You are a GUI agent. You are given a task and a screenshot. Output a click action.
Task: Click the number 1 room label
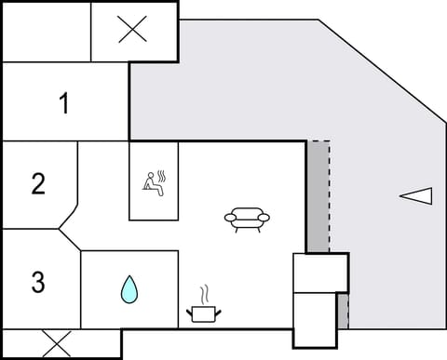pyautogui.click(x=64, y=104)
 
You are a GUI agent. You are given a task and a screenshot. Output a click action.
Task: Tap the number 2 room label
pyautogui.click(x=38, y=183)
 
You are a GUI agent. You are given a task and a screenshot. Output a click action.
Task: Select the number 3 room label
pyautogui.click(x=38, y=282)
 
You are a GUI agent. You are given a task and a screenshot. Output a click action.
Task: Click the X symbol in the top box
pyautogui.click(x=133, y=31)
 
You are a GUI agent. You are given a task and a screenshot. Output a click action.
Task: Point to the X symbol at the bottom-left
pyautogui.click(x=58, y=343)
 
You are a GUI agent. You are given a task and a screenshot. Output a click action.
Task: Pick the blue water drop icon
pyautogui.click(x=128, y=290)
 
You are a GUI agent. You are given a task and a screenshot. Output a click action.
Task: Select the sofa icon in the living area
pyautogui.click(x=247, y=220)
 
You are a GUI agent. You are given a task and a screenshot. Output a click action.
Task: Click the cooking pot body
pyautogui.click(x=203, y=313)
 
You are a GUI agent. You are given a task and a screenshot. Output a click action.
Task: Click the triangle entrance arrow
pyautogui.click(x=416, y=195)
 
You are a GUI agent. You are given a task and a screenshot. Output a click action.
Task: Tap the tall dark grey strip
pyautogui.click(x=318, y=195)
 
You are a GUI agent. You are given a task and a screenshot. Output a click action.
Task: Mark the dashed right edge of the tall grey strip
pyautogui.click(x=330, y=195)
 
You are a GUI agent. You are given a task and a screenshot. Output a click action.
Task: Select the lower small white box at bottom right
pyautogui.click(x=314, y=316)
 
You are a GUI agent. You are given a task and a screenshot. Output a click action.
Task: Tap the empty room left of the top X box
pyautogui.click(x=47, y=31)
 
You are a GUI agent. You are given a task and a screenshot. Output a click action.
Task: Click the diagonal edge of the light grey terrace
pyautogui.click(x=377, y=70)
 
